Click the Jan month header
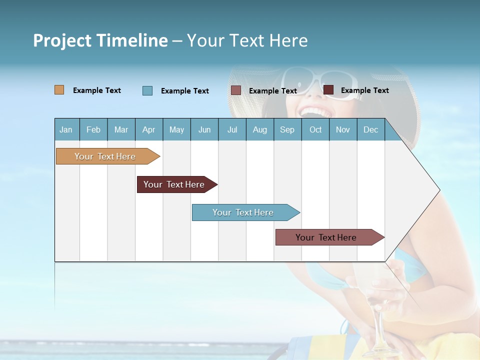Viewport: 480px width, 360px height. (x=66, y=129)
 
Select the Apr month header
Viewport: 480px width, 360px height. (x=148, y=129)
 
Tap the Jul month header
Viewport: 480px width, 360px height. (x=232, y=129)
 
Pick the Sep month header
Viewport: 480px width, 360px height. (x=287, y=129)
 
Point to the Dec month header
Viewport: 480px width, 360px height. (x=370, y=129)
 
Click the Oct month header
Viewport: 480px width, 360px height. (x=315, y=129)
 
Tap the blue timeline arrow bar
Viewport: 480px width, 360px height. (x=243, y=212)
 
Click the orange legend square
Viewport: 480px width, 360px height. (x=59, y=90)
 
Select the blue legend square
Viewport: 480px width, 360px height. (x=147, y=90)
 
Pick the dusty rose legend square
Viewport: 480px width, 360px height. (x=236, y=90)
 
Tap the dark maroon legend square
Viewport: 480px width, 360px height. (x=328, y=90)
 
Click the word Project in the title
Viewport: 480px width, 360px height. (x=62, y=40)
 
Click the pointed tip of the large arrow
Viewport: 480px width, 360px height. (x=439, y=190)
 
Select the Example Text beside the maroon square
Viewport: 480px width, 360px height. (x=364, y=90)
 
